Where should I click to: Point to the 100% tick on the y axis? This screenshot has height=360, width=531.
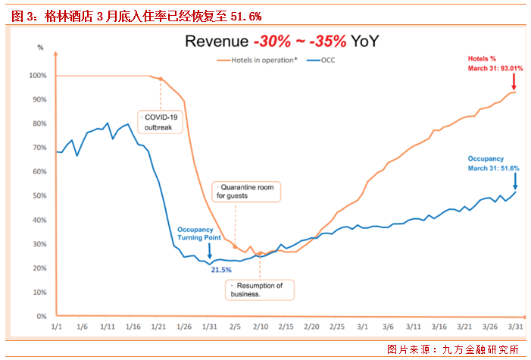(37, 76)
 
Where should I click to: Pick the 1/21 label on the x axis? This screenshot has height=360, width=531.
(158, 327)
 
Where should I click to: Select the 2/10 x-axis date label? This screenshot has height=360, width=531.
(261, 327)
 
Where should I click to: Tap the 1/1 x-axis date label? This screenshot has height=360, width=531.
(56, 327)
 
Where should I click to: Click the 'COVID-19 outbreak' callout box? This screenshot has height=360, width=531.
(160, 122)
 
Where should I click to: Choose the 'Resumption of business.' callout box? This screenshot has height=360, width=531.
(260, 290)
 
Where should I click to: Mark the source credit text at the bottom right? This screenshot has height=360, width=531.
(452, 349)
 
